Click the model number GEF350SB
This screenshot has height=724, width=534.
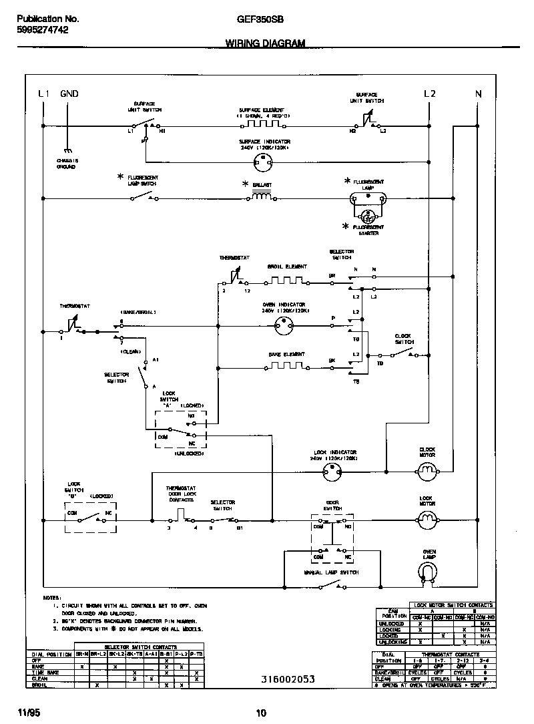260,20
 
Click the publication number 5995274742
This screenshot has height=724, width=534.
41,30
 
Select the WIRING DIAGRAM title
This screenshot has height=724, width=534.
265,43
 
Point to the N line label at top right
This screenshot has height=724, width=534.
478,94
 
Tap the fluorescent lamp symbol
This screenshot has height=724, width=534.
368,198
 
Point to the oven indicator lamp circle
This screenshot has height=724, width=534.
285,325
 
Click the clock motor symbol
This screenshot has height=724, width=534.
427,473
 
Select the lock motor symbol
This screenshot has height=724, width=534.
427,518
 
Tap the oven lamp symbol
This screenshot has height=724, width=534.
427,570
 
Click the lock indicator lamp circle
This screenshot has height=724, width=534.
332,473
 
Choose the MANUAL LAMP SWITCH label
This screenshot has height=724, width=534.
332,572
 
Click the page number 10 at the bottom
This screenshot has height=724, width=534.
261,713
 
